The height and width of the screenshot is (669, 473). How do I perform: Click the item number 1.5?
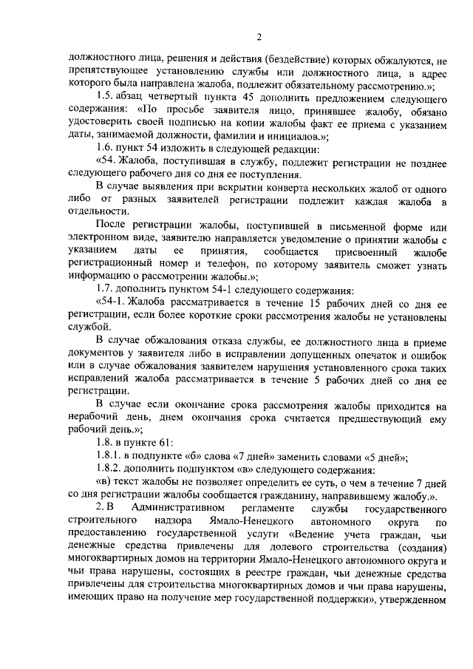pyautogui.click(x=106, y=99)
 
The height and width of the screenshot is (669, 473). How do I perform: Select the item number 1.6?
pyautogui.click(x=106, y=147)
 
